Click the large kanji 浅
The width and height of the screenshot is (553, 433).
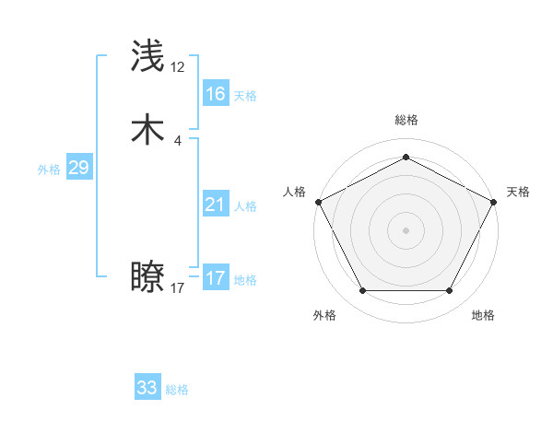coord(148,57)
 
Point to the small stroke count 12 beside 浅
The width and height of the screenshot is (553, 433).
coord(178,67)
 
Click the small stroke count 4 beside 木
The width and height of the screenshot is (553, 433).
coord(177,140)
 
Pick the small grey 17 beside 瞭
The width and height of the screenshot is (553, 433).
coord(178,288)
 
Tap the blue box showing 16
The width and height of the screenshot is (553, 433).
coord(215,94)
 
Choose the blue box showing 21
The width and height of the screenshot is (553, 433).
coord(215,205)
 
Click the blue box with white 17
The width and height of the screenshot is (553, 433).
coord(215,278)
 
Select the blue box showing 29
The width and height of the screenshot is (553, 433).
coord(78,168)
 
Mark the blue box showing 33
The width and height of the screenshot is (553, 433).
coord(147,388)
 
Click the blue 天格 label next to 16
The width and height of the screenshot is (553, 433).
coord(245,96)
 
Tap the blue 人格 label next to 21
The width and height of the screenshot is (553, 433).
coord(245,206)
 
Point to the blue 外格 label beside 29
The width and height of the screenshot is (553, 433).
coord(49,170)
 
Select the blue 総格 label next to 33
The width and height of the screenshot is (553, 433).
coord(177,390)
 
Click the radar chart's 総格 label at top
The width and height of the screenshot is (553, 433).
coord(406,121)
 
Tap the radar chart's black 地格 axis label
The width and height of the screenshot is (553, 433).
coord(483,315)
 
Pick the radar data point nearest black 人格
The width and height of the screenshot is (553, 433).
coord(318,201)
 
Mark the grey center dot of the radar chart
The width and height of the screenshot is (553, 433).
coord(406,229)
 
